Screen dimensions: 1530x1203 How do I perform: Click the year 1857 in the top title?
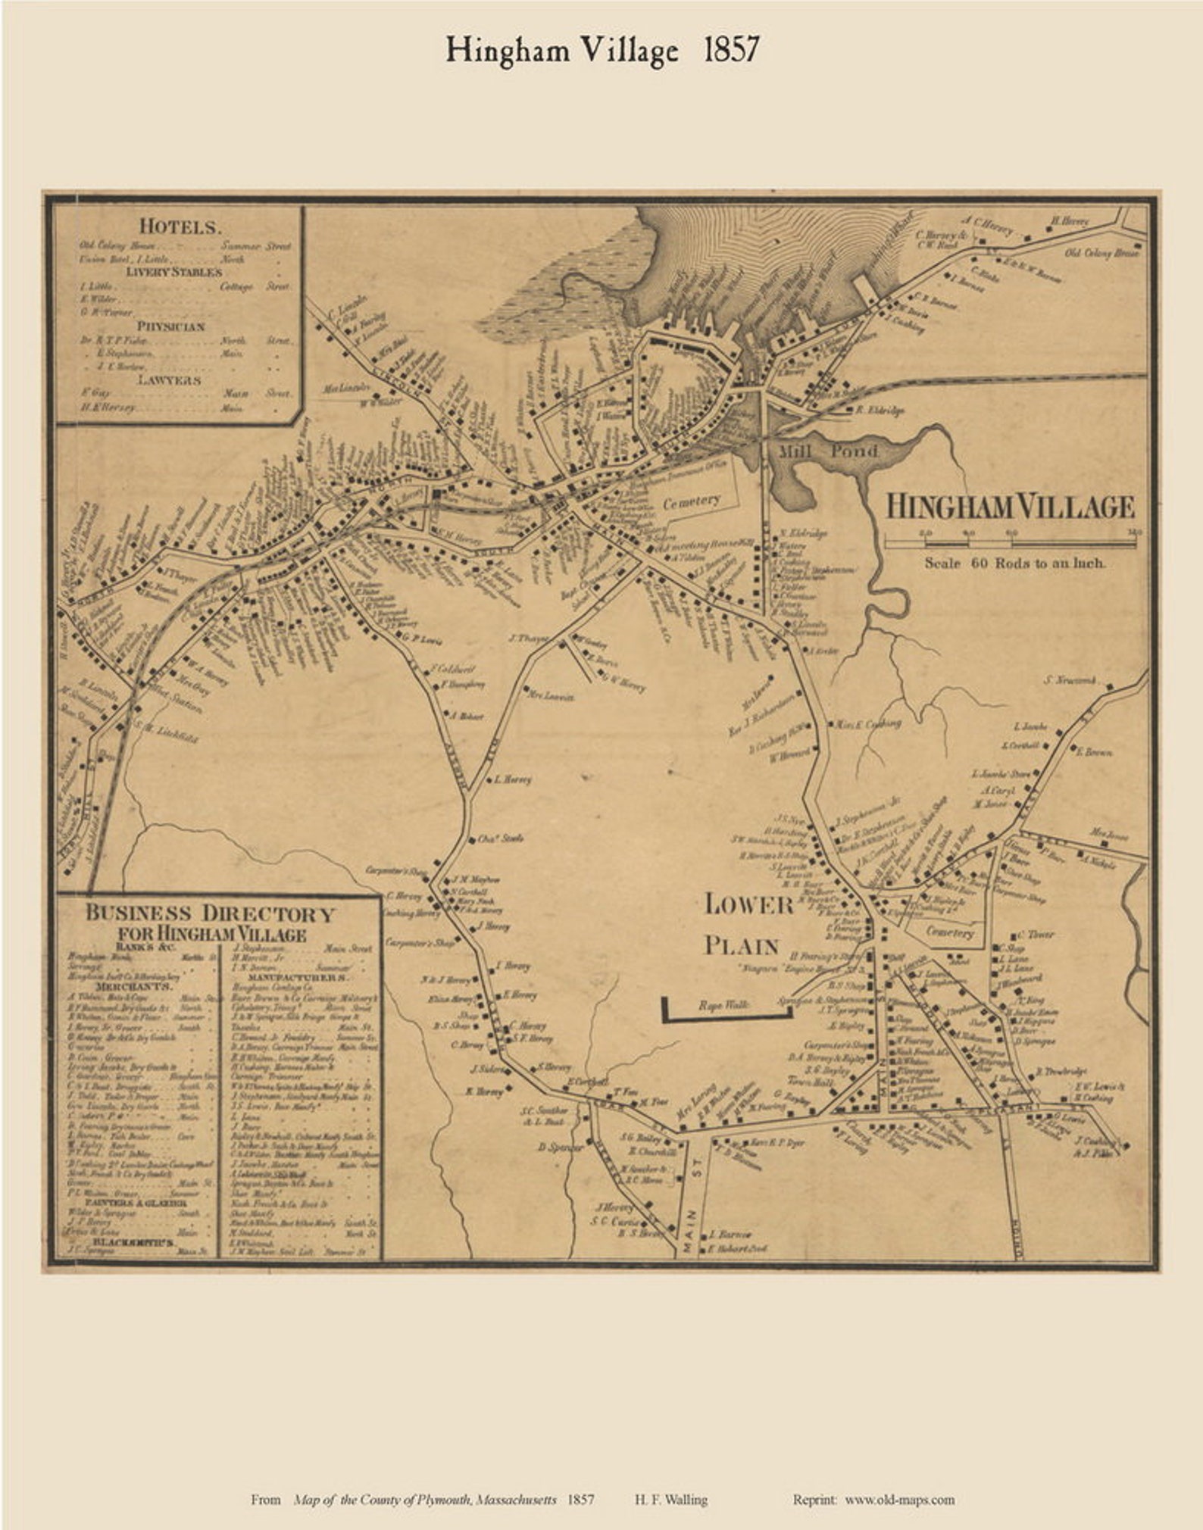pos(730,50)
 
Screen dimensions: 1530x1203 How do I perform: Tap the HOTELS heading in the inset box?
pos(180,226)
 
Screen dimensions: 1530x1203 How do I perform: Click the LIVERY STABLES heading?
pos(180,271)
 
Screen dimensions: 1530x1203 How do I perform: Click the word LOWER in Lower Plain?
pos(749,904)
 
